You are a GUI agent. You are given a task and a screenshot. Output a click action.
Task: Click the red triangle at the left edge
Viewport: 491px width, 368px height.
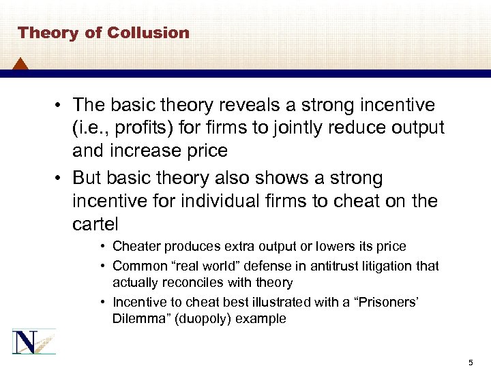20,65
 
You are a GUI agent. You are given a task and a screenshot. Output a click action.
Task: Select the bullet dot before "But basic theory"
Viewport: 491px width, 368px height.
59,179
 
